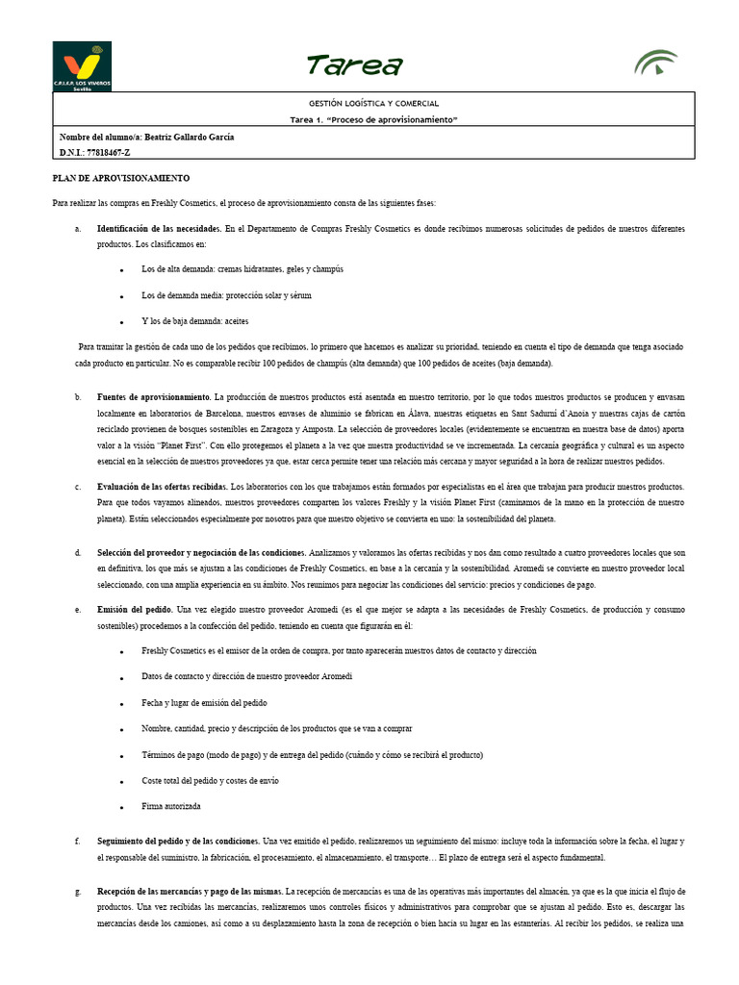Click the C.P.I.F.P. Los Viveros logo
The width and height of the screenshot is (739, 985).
pyautogui.click(x=82, y=65)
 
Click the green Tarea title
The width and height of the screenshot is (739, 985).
pyautogui.click(x=354, y=65)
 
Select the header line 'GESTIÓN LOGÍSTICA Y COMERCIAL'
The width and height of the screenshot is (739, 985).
pyautogui.click(x=373, y=103)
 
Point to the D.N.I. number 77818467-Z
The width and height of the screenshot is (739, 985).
pyautogui.click(x=94, y=152)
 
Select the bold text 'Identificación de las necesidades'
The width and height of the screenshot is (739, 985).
pyautogui.click(x=160, y=229)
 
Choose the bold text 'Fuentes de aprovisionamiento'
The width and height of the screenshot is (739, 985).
pyautogui.click(x=154, y=396)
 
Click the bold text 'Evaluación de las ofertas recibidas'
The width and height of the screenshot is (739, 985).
pyautogui.click(x=163, y=487)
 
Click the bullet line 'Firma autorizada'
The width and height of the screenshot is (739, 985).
pyautogui.click(x=170, y=806)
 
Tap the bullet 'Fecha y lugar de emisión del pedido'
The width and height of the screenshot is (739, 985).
pyautogui.click(x=204, y=702)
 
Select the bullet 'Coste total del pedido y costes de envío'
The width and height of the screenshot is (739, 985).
pyautogui.click(x=210, y=780)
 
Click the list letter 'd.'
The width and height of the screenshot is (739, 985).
pyautogui.click(x=77, y=553)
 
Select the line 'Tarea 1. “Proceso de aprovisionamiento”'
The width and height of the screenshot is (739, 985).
pyautogui.click(x=373, y=119)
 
